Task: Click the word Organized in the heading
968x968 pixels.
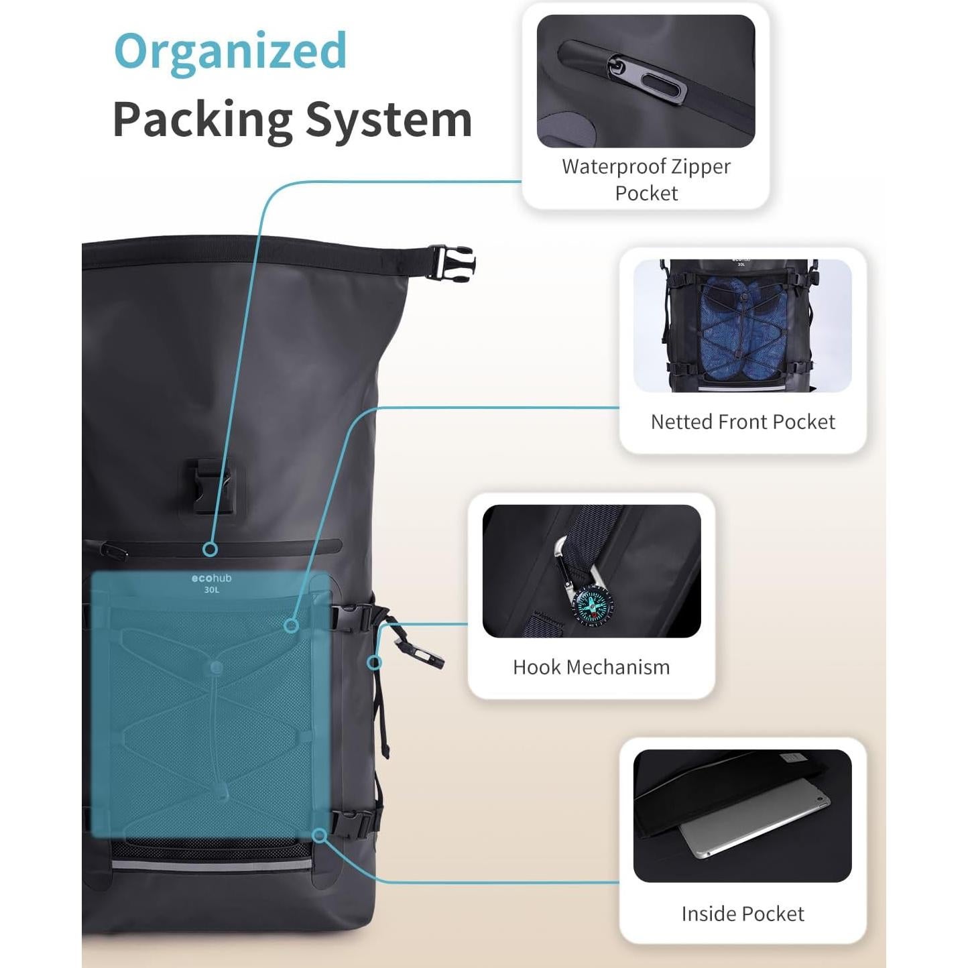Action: click(231, 50)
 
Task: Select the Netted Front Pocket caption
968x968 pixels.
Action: click(743, 422)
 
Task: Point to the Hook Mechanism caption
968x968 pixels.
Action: click(591, 667)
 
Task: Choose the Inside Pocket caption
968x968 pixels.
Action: click(742, 913)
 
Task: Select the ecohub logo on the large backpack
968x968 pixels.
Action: click(211, 578)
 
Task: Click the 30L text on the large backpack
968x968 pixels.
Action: click(211, 590)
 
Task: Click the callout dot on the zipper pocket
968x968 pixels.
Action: click(210, 549)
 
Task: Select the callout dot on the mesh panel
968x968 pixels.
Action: click(291, 625)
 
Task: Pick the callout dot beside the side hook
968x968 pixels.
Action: click(375, 663)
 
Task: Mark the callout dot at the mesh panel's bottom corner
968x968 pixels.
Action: click(320, 835)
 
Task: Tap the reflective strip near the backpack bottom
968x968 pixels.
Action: click(211, 865)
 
